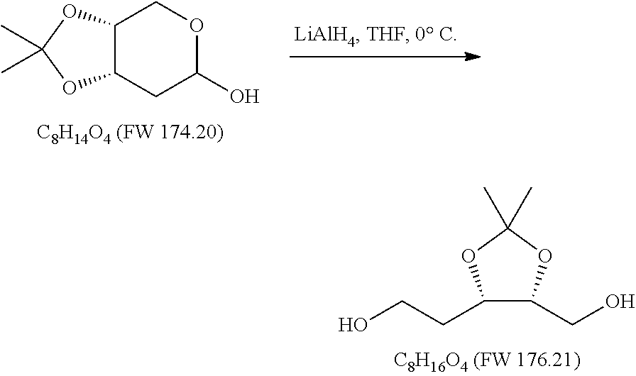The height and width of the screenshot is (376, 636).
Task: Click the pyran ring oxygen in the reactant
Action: coord(197,28)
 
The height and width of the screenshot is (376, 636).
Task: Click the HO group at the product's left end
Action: coord(352,326)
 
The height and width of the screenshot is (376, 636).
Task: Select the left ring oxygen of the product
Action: coord(468,253)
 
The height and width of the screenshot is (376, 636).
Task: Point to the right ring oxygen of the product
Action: coord(545,253)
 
